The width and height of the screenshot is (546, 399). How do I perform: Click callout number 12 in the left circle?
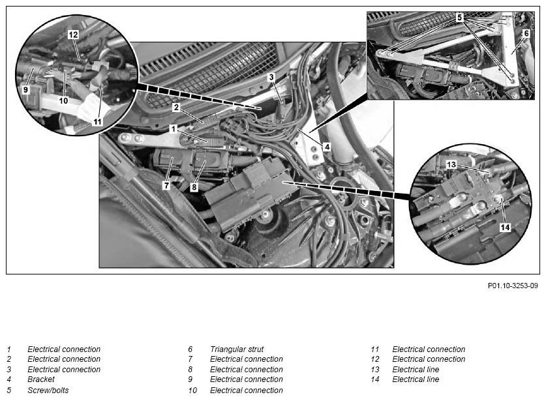(73, 35)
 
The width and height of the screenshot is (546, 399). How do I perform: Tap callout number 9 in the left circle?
(25, 89)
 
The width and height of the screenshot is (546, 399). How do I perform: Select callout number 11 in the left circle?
(97, 121)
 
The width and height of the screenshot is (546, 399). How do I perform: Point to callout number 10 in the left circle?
(63, 100)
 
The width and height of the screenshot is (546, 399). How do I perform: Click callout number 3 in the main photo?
(271, 77)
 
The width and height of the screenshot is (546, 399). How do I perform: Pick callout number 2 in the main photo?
(176, 107)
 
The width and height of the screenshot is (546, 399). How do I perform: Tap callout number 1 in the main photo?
(174, 129)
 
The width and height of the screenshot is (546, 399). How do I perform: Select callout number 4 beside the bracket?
(327, 147)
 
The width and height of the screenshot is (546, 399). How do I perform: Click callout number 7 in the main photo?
(166, 186)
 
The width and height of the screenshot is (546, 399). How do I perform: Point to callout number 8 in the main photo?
(194, 187)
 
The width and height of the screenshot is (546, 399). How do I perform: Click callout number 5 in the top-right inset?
(460, 17)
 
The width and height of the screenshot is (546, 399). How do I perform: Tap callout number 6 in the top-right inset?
(526, 33)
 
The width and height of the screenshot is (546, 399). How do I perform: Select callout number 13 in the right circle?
(451, 164)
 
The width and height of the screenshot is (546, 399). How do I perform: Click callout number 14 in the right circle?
(505, 228)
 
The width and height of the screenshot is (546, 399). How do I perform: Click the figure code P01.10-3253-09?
(513, 286)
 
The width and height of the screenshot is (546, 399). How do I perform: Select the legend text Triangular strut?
(237, 349)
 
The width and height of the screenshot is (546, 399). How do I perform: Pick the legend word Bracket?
(41, 379)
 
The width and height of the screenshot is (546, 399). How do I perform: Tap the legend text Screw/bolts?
(48, 391)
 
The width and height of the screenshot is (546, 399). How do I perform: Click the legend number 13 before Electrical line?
(374, 370)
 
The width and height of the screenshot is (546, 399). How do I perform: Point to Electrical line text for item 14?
(416, 379)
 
